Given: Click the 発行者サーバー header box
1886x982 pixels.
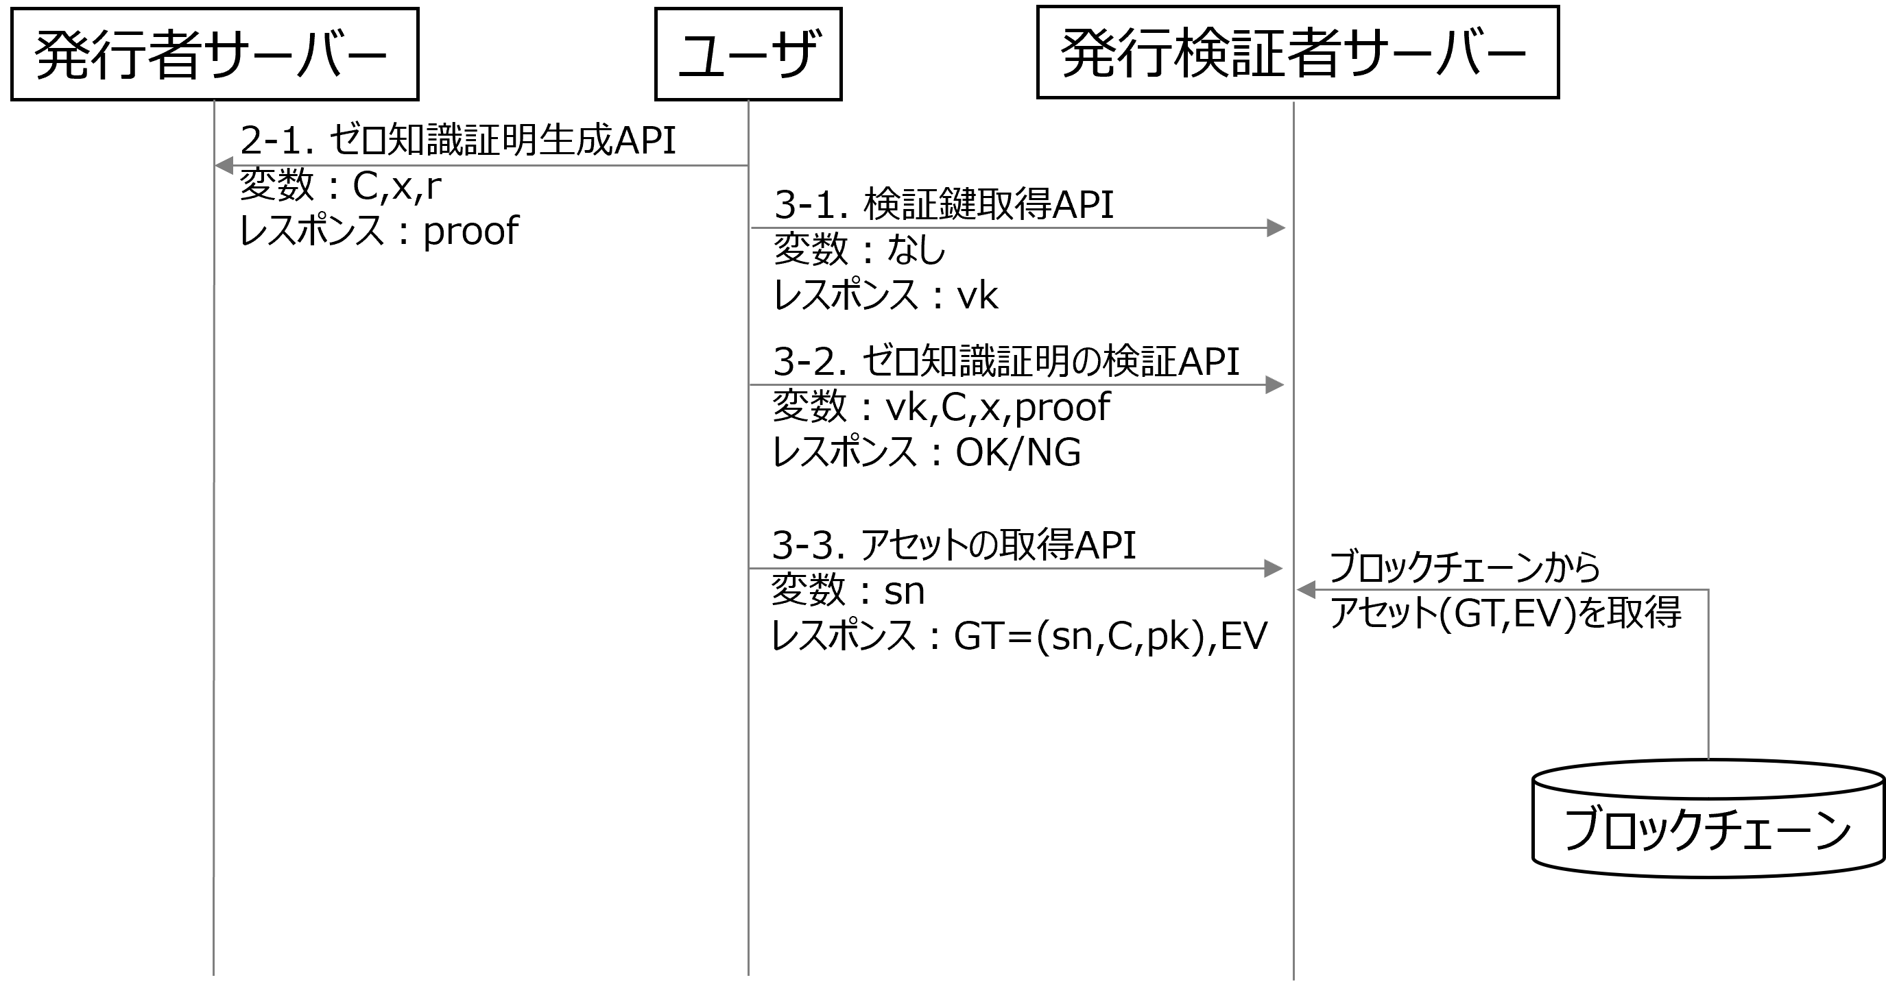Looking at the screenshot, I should (215, 54).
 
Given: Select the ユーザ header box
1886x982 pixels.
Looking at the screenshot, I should (748, 54).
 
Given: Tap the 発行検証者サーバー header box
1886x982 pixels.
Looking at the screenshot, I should (1298, 52).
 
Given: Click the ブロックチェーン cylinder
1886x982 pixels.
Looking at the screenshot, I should (1708, 820).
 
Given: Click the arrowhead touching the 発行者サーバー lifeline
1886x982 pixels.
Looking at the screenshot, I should (224, 166).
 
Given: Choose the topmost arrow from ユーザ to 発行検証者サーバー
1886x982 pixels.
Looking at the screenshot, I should (1018, 228).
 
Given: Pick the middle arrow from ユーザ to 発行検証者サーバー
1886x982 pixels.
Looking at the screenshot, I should (1018, 385).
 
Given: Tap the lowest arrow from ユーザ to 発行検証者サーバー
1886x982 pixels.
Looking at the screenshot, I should (1018, 569).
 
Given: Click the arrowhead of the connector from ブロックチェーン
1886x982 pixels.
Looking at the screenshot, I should (1305, 589).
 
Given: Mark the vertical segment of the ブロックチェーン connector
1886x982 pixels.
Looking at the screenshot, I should (1708, 673).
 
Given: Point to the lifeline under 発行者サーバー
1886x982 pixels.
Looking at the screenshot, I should (214, 512).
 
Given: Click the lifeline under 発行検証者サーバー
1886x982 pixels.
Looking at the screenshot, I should (1293, 732).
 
